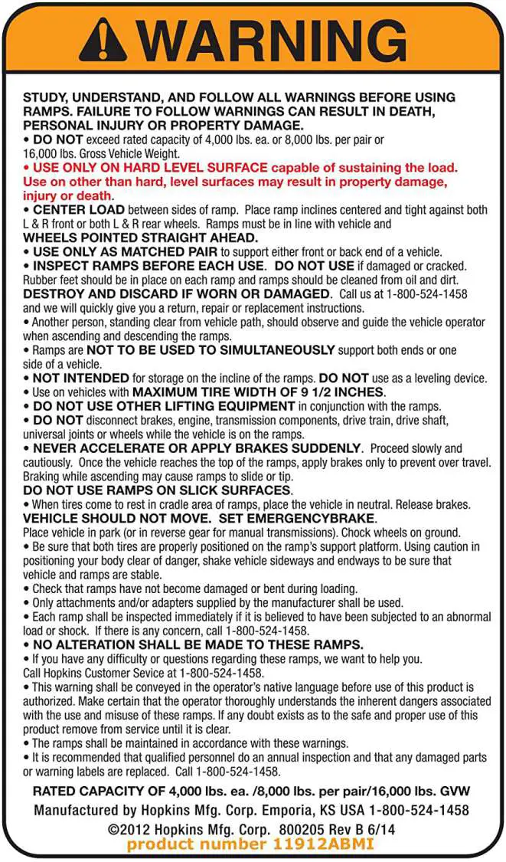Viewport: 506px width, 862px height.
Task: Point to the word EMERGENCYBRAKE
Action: [x=322, y=519]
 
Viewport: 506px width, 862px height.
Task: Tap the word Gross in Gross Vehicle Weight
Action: [x=88, y=153]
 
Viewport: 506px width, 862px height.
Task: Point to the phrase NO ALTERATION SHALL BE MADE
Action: [x=151, y=644]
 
